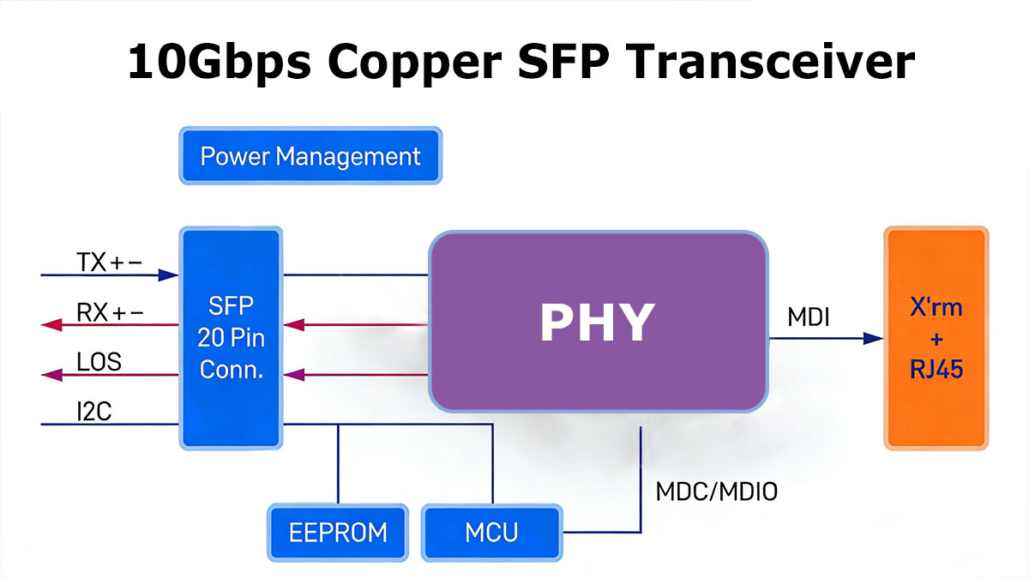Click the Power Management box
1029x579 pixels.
point(310,156)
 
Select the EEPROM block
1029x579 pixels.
point(338,533)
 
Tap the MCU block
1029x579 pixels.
point(491,533)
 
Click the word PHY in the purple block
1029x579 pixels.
point(597,323)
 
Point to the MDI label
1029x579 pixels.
point(809,317)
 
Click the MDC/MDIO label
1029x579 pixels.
point(717,492)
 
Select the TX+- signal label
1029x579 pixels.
point(110,262)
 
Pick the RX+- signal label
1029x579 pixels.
point(110,312)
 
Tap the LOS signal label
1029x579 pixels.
point(99,362)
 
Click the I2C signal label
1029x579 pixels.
point(94,411)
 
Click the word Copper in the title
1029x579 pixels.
point(414,63)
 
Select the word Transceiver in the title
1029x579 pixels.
point(770,62)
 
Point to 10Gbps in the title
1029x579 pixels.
point(220,63)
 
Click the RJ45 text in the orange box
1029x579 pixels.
point(936,369)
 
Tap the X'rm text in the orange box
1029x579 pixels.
point(936,307)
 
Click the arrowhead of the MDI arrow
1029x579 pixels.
point(873,339)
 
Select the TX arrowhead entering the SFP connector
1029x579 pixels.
point(168,275)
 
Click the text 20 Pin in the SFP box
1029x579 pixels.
point(231,338)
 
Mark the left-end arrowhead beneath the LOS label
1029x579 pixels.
point(51,375)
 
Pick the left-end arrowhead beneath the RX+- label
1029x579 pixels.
point(51,325)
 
